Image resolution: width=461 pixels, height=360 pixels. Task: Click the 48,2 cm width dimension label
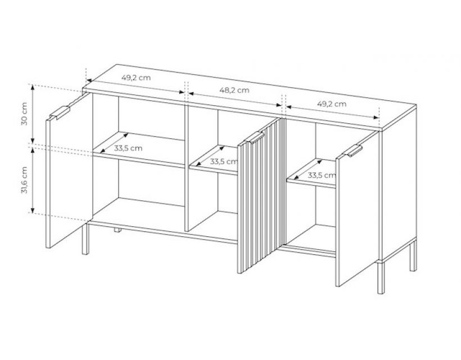234,91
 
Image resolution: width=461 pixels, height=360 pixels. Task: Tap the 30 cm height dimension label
24,114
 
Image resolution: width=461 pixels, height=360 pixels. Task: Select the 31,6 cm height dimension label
24,180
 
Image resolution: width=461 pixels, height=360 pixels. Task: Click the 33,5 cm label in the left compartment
128,148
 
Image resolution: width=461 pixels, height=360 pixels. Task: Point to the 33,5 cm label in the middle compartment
223,161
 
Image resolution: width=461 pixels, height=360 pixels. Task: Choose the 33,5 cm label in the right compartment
322,175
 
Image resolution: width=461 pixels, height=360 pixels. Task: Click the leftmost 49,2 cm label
136,78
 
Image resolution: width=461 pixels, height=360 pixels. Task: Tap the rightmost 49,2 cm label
332,104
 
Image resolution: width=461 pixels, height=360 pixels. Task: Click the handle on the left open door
60,113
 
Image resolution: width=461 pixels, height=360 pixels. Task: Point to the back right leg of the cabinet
413,255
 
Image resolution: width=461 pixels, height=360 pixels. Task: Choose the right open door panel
357,209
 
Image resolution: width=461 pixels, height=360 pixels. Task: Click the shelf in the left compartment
138,150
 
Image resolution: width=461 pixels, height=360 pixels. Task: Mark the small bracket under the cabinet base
118,229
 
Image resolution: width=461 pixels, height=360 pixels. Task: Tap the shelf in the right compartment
311,174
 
